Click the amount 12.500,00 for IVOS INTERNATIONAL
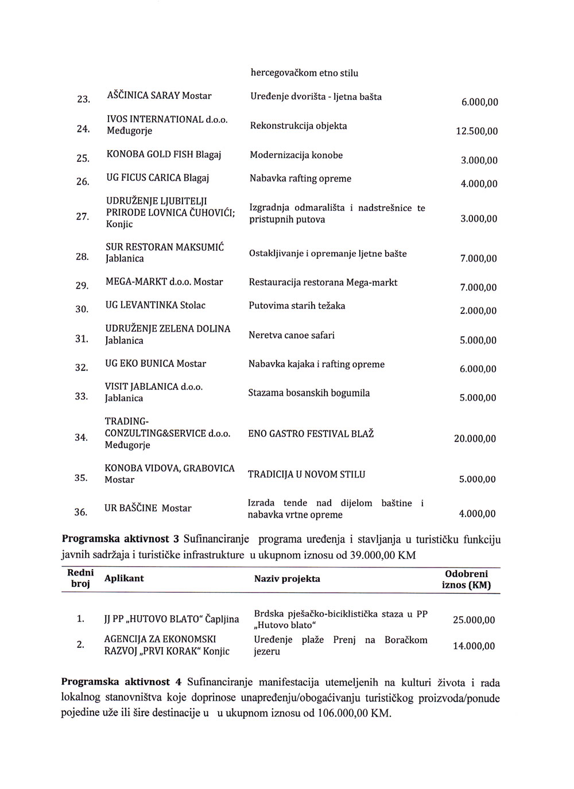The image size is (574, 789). tap(476, 131)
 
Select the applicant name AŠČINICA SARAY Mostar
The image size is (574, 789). tap(159, 96)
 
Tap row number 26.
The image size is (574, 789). tap(83, 182)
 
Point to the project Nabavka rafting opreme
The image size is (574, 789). tap(300, 178)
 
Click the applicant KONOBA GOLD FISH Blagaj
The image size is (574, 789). tap(164, 155)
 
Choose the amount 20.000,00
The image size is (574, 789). tap(475, 439)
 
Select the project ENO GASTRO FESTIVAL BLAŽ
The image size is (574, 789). tap(311, 434)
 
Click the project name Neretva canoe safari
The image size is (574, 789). tap(291, 335)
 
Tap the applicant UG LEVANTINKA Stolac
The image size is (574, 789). tap(155, 305)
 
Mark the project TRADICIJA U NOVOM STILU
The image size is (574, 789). tap(306, 475)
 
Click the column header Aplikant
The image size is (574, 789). tap(124, 578)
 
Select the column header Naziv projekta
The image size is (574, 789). tap(287, 579)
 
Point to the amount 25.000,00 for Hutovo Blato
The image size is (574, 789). tap(474, 620)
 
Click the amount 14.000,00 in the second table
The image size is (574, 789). tap(474, 646)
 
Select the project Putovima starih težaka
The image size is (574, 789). tap(297, 306)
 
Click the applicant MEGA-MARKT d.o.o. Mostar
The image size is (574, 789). tap(164, 282)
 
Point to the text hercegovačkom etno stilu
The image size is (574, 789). tap(304, 73)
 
